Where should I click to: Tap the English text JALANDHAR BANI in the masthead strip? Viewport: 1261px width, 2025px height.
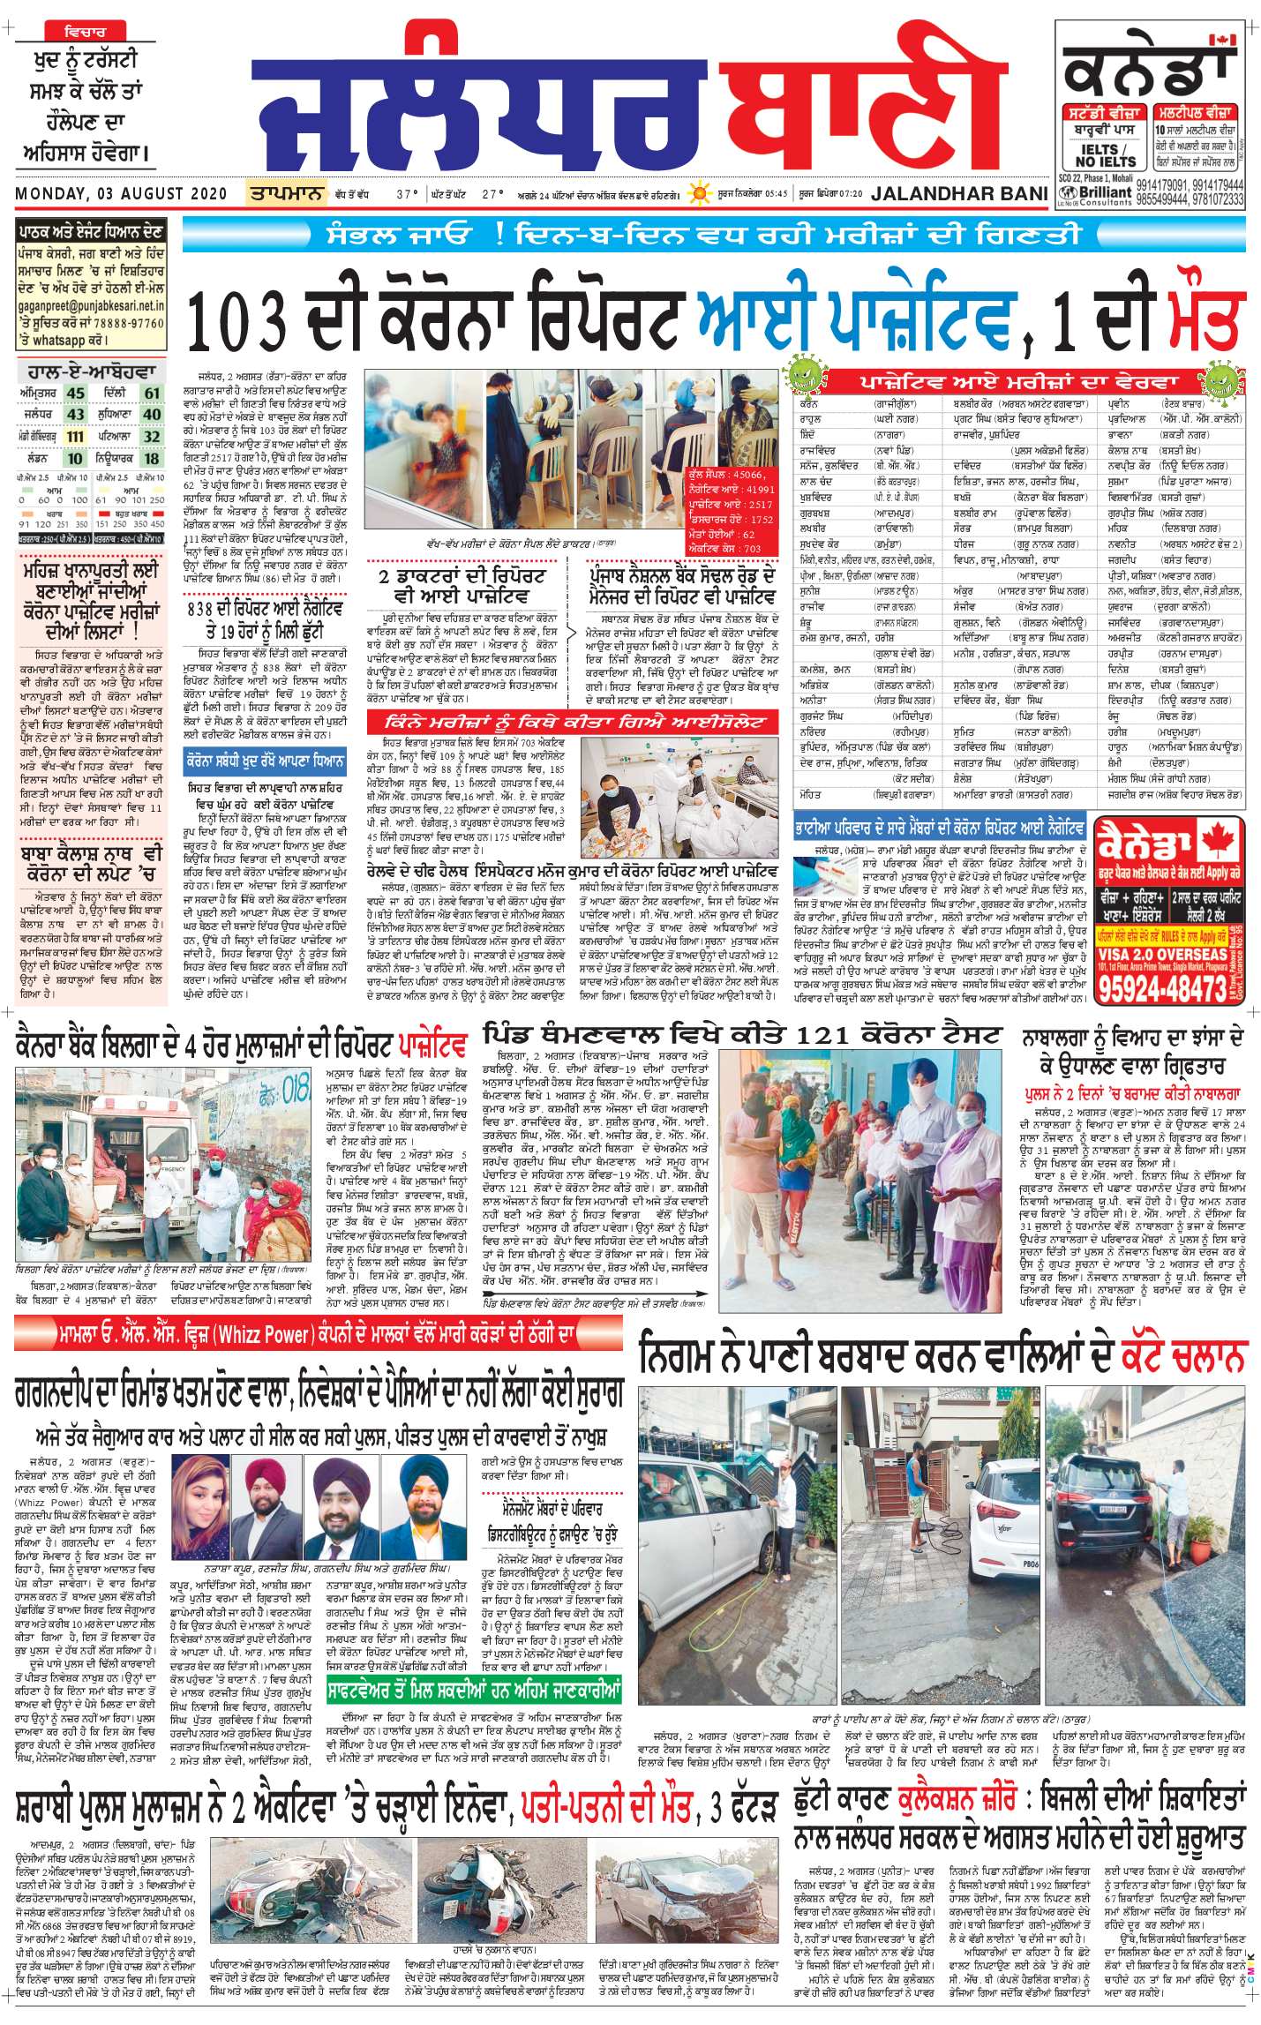pyautogui.click(x=959, y=193)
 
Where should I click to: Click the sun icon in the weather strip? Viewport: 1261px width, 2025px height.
pyautogui.click(x=700, y=192)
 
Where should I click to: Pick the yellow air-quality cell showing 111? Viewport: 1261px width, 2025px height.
pyautogui.click(x=75, y=436)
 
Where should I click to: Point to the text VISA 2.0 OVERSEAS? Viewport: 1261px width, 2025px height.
pyautogui.click(x=1162, y=954)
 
